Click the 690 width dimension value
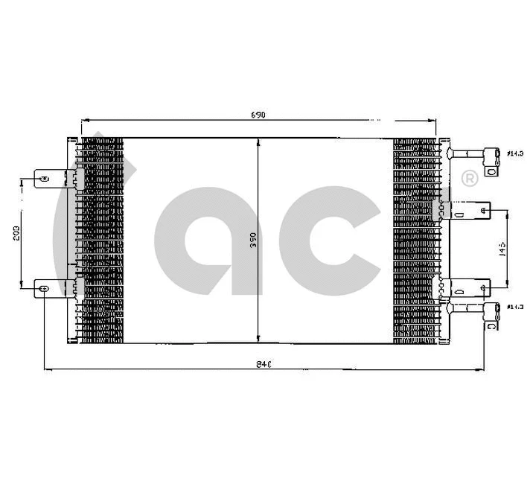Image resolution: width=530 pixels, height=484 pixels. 258,115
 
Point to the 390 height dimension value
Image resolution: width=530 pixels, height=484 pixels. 253,240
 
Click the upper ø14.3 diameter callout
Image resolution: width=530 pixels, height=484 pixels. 513,154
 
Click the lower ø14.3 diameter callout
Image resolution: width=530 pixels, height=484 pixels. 513,306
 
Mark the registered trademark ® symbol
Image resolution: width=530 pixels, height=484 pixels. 470,179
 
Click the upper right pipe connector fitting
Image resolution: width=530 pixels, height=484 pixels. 491,154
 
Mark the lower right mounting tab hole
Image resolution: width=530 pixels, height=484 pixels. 485,285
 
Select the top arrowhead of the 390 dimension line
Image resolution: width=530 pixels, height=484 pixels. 258,142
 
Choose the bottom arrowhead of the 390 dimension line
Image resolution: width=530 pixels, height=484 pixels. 258,337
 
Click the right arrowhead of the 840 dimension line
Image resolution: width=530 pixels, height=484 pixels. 489,369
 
